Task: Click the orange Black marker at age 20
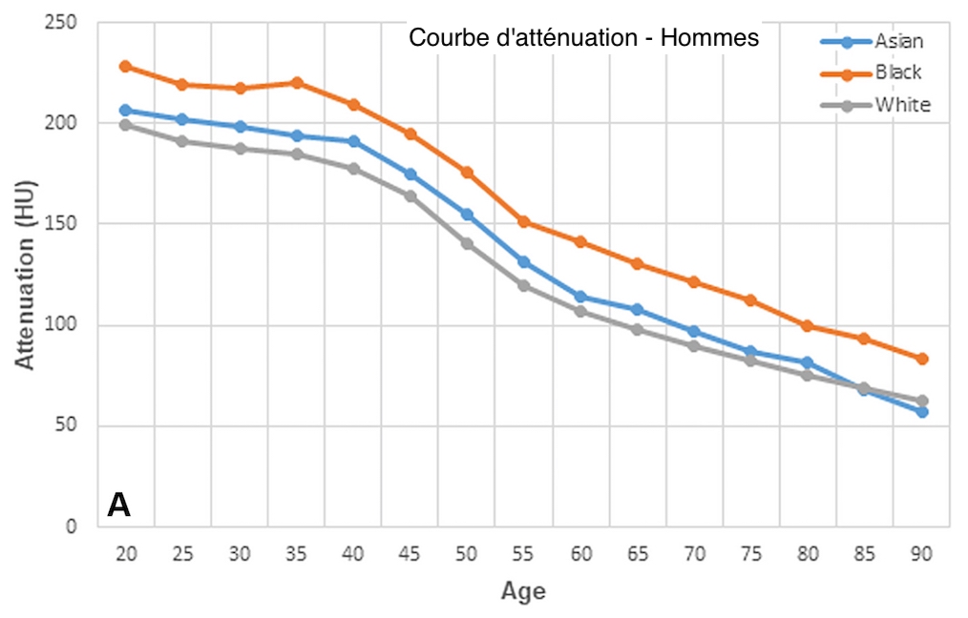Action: (125, 66)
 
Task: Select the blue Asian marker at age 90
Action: (922, 411)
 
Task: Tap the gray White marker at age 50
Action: (467, 243)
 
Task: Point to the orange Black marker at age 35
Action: (296, 82)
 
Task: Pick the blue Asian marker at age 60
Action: (580, 297)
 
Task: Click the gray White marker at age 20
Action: (125, 125)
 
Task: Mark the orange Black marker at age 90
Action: (922, 359)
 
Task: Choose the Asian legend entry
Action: (898, 41)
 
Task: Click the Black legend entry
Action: (898, 72)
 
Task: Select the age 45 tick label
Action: (410, 554)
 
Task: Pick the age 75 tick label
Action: (751, 554)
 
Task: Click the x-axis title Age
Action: (523, 591)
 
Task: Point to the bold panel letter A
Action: (118, 505)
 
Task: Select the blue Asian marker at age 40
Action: (353, 141)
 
